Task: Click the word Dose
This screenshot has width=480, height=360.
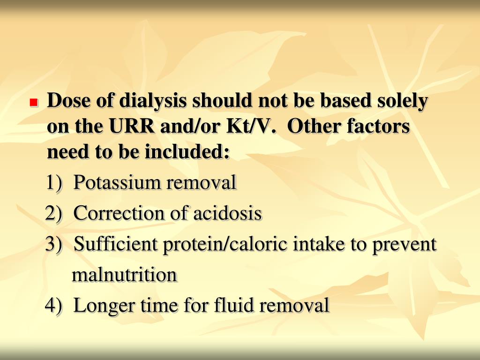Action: tap(66, 101)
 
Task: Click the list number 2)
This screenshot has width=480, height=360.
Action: tap(54, 214)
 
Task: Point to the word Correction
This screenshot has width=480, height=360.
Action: tap(120, 214)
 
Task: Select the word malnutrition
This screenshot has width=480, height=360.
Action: tap(124, 275)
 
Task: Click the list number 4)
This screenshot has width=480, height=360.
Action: tap(54, 306)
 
